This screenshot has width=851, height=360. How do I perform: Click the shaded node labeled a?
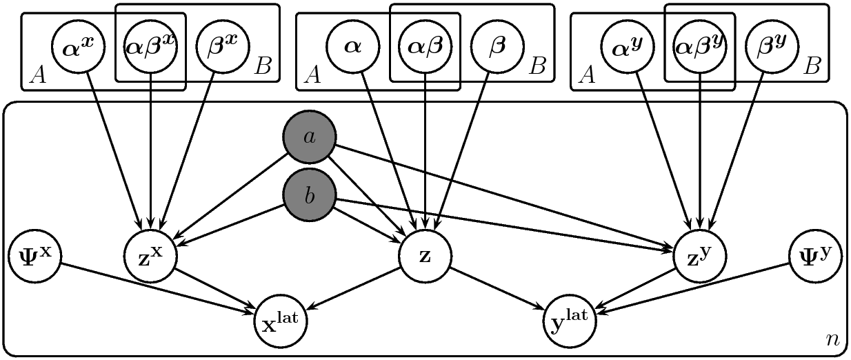pyautogui.click(x=309, y=137)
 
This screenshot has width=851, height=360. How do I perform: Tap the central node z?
pyautogui.click(x=425, y=256)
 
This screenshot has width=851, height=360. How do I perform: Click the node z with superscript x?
pyautogui.click(x=151, y=256)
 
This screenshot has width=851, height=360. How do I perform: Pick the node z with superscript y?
pyautogui.click(x=700, y=256)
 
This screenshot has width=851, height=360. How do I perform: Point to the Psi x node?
pyautogui.click(x=34, y=256)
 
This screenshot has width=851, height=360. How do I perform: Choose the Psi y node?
pyautogui.click(x=816, y=256)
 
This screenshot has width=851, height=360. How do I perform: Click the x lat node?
pyautogui.click(x=281, y=321)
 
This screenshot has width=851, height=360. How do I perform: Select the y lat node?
pyautogui.click(x=570, y=321)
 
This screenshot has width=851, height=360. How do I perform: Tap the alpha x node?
pyautogui.click(x=78, y=46)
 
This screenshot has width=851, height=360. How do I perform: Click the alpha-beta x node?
pyautogui.click(x=151, y=46)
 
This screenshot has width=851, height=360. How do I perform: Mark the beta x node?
pyautogui.click(x=223, y=46)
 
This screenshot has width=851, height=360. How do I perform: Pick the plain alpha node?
pyautogui.click(x=353, y=46)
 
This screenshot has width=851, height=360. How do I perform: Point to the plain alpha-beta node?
pyautogui.click(x=425, y=46)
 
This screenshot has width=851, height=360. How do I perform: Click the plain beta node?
pyautogui.click(x=498, y=46)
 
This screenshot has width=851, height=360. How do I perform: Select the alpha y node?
pyautogui.click(x=628, y=46)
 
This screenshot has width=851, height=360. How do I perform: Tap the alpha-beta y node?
pyautogui.click(x=700, y=46)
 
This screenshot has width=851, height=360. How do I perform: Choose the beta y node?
pyautogui.click(x=772, y=46)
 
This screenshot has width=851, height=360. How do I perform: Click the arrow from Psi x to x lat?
pyautogui.click(x=157, y=288)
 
